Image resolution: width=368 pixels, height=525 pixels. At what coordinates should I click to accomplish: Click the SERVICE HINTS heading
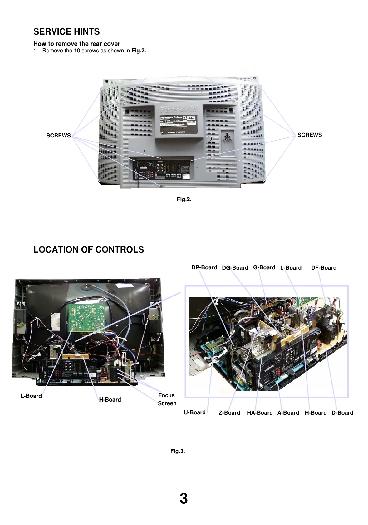coord(66,32)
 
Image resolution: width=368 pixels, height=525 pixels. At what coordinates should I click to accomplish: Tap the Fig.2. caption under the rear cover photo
coord(184,199)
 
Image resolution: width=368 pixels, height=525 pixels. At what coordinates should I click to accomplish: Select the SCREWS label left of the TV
coord(58,136)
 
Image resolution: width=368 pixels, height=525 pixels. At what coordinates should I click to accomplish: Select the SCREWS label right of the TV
coord(309,135)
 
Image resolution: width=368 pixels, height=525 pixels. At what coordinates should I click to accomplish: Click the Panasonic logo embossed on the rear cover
coord(178,109)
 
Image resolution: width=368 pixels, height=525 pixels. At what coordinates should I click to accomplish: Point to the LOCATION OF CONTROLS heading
coord(89,250)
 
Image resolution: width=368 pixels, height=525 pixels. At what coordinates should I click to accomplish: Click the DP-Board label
coord(204,267)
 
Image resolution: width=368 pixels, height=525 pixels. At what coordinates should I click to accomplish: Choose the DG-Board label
coord(235,268)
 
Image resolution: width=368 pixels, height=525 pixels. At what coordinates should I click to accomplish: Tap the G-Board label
coord(264,267)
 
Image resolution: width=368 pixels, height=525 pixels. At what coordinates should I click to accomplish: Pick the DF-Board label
coord(324,268)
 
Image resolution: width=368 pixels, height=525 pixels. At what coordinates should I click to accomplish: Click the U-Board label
coord(194,412)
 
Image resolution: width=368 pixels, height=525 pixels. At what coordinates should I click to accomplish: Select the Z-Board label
coord(229,413)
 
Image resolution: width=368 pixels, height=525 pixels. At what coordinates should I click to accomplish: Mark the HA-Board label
coord(260,413)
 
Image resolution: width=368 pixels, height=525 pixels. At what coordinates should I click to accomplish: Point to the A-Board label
coord(288,413)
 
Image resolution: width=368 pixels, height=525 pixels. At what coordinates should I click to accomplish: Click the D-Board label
coord(342,413)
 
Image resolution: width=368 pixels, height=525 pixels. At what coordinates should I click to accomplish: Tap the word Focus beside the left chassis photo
coord(166,395)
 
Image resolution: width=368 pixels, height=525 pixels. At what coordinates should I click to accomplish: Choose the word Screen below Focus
coord(167,403)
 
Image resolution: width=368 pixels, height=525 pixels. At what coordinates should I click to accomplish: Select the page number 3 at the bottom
coord(184,498)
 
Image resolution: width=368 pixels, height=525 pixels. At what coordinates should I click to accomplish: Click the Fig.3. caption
coord(177,451)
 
